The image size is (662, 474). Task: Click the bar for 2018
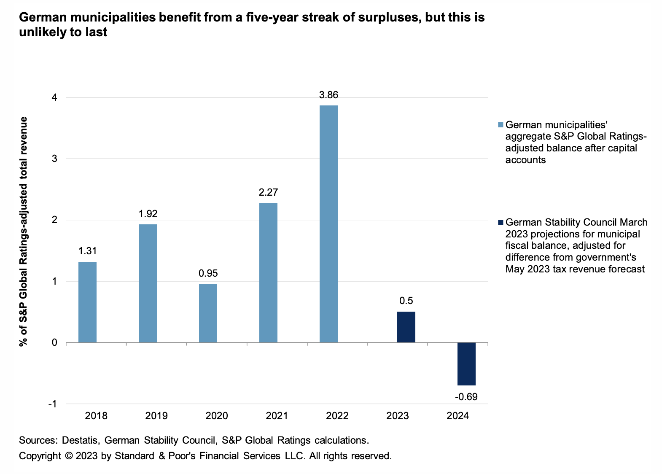pyautogui.click(x=87, y=302)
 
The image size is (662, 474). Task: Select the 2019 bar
pyautogui.click(x=148, y=283)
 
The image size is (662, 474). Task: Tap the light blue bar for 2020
pyautogui.click(x=208, y=313)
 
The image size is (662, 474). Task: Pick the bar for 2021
pyautogui.click(x=268, y=272)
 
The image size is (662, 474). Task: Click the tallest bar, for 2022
pyautogui.click(x=328, y=224)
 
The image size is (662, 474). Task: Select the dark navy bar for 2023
pyautogui.click(x=406, y=327)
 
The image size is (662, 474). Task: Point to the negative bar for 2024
pyautogui.click(x=466, y=364)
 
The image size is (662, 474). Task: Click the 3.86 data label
pyautogui.click(x=328, y=95)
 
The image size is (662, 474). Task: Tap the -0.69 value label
pyautogui.click(x=466, y=397)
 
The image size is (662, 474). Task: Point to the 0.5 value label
pyautogui.click(x=406, y=301)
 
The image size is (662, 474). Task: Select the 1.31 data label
pyautogui.click(x=87, y=251)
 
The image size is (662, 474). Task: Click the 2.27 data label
pyautogui.click(x=268, y=192)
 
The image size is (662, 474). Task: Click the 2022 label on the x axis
pyautogui.click(x=337, y=416)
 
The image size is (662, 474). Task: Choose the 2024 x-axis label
pyautogui.click(x=457, y=416)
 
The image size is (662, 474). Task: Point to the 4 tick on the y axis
pyautogui.click(x=54, y=97)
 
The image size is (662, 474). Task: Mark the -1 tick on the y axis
pyautogui.click(x=53, y=404)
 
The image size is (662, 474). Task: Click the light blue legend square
pyautogui.click(x=501, y=125)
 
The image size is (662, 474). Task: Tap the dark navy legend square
pyautogui.click(x=501, y=222)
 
